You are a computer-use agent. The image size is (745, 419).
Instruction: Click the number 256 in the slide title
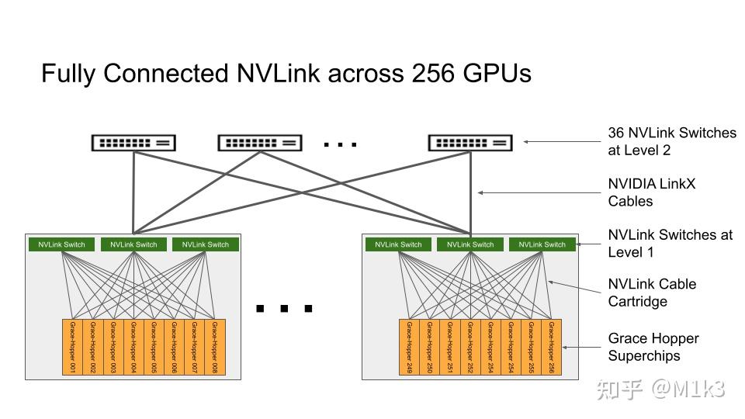[431, 74]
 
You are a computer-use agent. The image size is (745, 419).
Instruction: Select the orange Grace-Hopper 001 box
[72, 347]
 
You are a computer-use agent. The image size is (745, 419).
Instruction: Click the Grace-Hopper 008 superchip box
[214, 347]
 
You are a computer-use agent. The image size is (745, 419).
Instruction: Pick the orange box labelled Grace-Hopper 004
[133, 347]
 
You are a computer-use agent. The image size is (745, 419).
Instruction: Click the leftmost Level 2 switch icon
[133, 143]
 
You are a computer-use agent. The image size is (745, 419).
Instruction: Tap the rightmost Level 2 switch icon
[470, 143]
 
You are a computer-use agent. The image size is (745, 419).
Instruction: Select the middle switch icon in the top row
[260, 143]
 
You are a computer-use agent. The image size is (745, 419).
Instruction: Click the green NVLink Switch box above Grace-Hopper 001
[62, 244]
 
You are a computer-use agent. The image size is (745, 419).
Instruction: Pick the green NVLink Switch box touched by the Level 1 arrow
[542, 244]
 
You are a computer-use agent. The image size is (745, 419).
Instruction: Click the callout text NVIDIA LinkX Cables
[651, 192]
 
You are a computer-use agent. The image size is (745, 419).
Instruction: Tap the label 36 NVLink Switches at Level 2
[671, 141]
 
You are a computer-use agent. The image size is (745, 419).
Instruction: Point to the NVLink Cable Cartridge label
[651, 293]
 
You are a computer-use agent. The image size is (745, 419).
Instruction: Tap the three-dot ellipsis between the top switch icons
[340, 144]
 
